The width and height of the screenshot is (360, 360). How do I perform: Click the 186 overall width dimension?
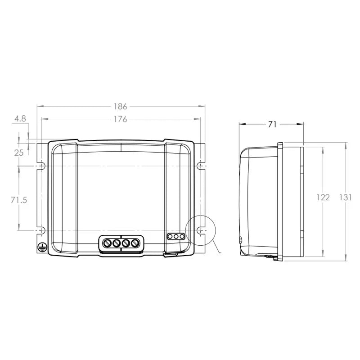tap(120, 107)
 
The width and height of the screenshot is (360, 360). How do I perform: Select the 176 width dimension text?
tap(120, 119)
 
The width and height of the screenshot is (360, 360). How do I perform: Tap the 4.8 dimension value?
tap(20, 119)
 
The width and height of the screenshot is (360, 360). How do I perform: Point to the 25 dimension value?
tap(19, 153)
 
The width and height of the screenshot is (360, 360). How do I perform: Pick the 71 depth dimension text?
tap(271, 125)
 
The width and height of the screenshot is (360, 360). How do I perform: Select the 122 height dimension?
tap(323, 197)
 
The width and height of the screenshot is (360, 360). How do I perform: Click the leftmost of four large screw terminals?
tap(108, 243)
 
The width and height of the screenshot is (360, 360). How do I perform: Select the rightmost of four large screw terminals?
tap(134, 243)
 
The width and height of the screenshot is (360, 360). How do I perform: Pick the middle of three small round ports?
tap(176, 236)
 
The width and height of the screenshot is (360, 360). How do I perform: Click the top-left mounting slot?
tap(42, 166)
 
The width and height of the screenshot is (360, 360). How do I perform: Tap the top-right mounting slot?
tap(200, 166)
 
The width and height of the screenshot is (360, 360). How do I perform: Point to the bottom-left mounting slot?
tap(42, 230)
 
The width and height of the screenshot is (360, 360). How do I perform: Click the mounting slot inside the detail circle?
tap(200, 230)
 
